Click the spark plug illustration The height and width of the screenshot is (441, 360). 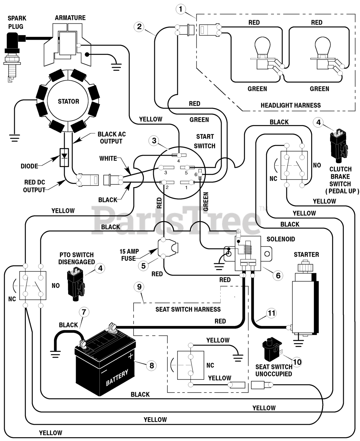(12, 57)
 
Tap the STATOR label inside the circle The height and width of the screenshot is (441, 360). (68, 101)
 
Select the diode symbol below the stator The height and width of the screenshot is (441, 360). (64, 157)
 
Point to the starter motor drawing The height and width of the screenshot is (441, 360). (305, 299)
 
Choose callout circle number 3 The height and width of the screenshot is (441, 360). (154, 141)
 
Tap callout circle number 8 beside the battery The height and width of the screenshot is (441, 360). (152, 366)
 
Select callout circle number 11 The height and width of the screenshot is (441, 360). (272, 313)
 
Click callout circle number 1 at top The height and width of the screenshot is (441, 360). (181, 9)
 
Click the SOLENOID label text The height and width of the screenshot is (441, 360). (281, 239)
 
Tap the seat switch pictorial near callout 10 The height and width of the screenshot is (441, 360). (272, 349)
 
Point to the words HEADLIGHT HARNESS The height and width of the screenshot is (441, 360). (290, 105)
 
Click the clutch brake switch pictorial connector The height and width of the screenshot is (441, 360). (338, 146)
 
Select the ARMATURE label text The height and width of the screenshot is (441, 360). (70, 18)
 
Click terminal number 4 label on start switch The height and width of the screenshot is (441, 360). (178, 161)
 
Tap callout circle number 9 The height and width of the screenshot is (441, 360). (139, 287)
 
